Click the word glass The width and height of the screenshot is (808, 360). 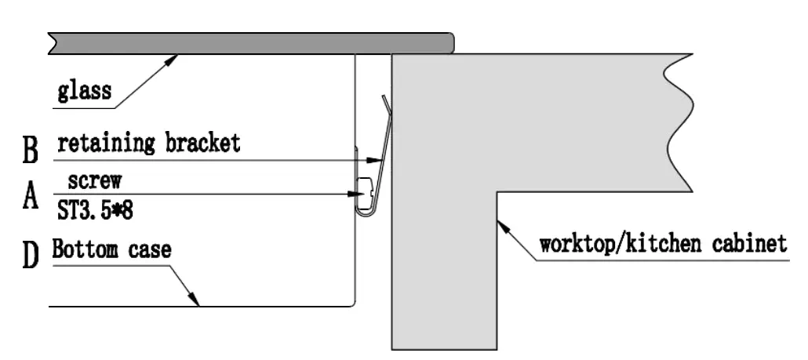(84, 92)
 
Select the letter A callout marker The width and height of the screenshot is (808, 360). (31, 198)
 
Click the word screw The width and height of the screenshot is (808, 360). (94, 181)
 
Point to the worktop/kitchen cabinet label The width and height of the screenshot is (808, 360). (662, 243)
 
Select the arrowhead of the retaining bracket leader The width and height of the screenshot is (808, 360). (378, 159)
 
